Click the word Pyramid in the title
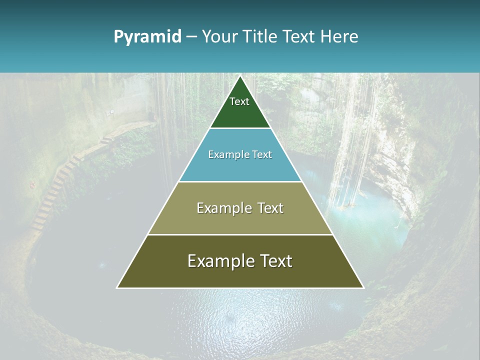[x=147, y=37]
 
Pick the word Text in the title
[x=299, y=36]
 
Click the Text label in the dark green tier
[x=239, y=101]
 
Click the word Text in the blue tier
[x=262, y=154]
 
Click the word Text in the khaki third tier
[x=269, y=208]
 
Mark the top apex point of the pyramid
[x=240, y=76]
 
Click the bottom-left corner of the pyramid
[x=117, y=287]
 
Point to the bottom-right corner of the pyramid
[x=363, y=287]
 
